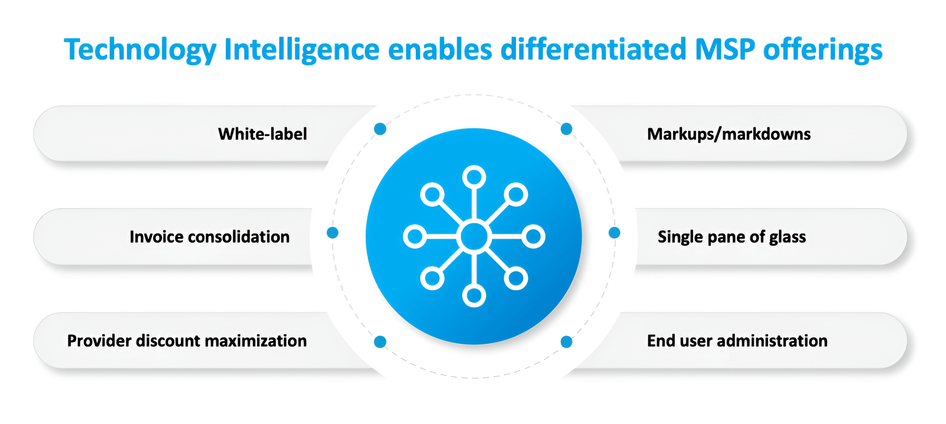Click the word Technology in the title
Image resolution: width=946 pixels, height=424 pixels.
click(140, 50)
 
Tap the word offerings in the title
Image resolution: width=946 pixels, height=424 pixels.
click(823, 50)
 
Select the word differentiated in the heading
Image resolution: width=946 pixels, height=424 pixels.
click(593, 50)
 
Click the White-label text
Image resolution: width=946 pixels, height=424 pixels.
click(262, 134)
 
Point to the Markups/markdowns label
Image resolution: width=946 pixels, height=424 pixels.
click(729, 134)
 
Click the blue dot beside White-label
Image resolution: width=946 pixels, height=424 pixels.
click(380, 129)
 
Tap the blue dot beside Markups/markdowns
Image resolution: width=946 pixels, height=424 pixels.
click(566, 129)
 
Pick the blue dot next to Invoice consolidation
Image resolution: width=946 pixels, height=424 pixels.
click(332, 233)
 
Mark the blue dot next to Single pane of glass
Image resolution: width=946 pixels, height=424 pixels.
click(614, 233)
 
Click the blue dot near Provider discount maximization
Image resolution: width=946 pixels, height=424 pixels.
click(380, 342)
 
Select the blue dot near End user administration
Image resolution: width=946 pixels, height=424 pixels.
click(566, 342)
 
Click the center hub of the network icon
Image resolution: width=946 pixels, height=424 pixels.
click(474, 236)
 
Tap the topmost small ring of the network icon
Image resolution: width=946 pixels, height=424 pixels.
click(474, 177)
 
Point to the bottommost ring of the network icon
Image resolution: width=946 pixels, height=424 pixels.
click(474, 295)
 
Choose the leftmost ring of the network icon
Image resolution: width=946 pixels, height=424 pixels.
click(415, 236)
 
